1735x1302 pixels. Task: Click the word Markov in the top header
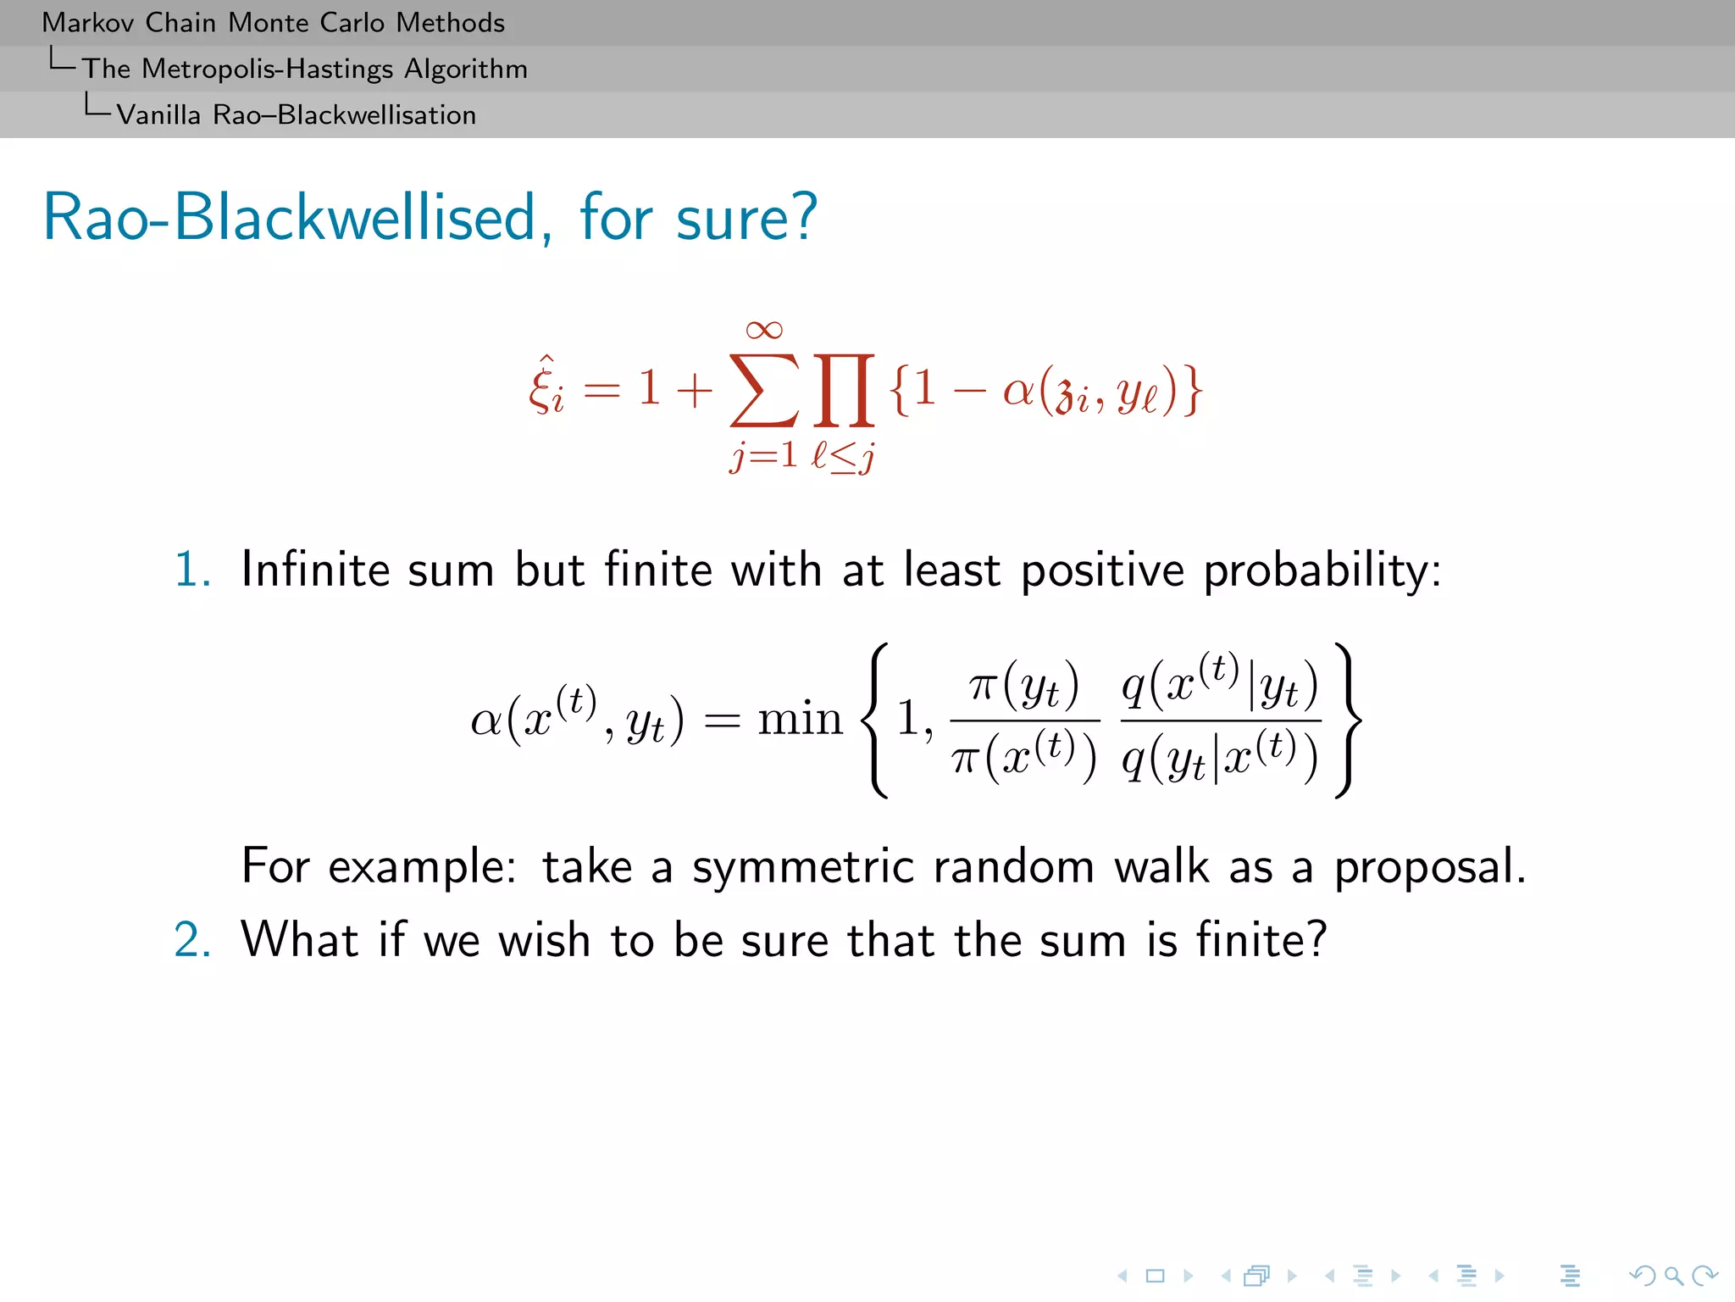point(88,23)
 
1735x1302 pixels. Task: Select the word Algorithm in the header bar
point(465,69)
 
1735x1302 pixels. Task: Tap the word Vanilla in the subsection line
point(158,115)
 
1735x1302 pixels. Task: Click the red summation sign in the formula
point(763,391)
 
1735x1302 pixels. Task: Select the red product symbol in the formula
point(844,391)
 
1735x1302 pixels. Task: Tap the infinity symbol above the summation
point(763,330)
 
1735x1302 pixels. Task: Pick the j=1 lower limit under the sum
point(763,456)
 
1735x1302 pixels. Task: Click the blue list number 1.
point(191,569)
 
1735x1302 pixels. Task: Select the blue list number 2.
point(191,940)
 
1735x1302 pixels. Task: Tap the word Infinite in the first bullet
point(314,569)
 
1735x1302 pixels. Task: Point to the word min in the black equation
point(800,719)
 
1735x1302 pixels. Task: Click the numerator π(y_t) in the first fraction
point(1024,686)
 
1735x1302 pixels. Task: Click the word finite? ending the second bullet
point(1261,940)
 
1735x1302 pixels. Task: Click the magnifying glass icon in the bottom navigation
point(1673,1275)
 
